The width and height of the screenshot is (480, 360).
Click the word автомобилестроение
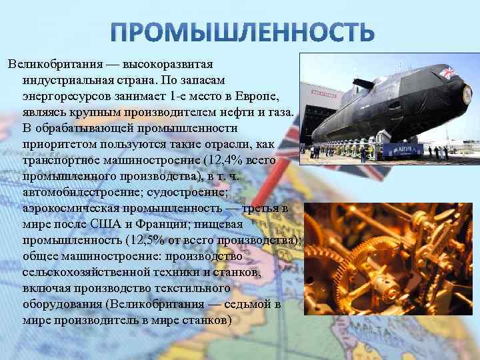[x=79, y=192]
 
